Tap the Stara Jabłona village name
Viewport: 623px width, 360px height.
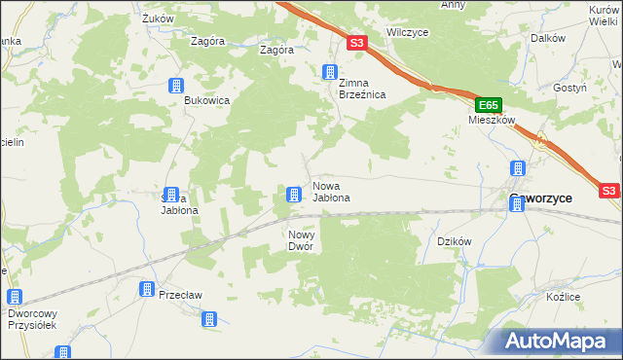tap(179, 203)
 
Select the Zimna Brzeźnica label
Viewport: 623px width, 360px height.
tap(362, 89)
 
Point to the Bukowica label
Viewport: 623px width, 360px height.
tap(206, 99)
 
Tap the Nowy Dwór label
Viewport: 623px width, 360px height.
tap(301, 240)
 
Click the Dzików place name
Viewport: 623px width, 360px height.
tap(455, 240)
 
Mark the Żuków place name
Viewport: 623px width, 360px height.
tap(156, 18)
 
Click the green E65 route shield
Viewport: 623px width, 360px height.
tap(489, 105)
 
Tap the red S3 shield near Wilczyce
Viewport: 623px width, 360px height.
tap(356, 43)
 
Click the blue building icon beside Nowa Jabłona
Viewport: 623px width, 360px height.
tap(293, 196)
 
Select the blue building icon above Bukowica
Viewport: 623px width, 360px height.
tap(176, 86)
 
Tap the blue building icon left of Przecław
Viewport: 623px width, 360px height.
tap(146, 289)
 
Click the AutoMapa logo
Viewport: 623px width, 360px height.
tap(561, 341)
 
